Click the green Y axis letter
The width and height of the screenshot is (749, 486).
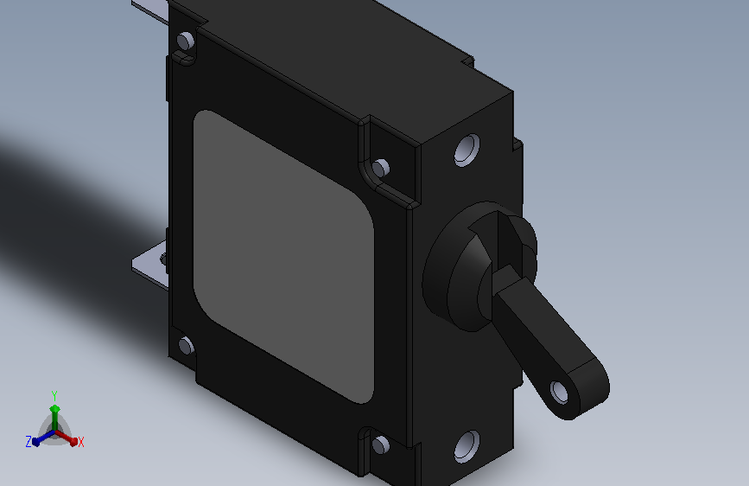54,396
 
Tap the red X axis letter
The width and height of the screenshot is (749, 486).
80,442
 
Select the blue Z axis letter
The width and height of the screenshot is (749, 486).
29,442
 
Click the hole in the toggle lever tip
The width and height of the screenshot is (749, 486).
559,393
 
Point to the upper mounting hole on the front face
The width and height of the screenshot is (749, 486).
467,150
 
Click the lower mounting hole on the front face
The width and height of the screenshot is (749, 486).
467,446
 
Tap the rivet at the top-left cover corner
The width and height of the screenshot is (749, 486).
186,40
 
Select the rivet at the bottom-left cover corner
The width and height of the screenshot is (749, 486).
186,346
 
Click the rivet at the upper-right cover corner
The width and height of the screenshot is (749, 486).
381,168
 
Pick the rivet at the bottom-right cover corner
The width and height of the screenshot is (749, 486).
381,445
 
